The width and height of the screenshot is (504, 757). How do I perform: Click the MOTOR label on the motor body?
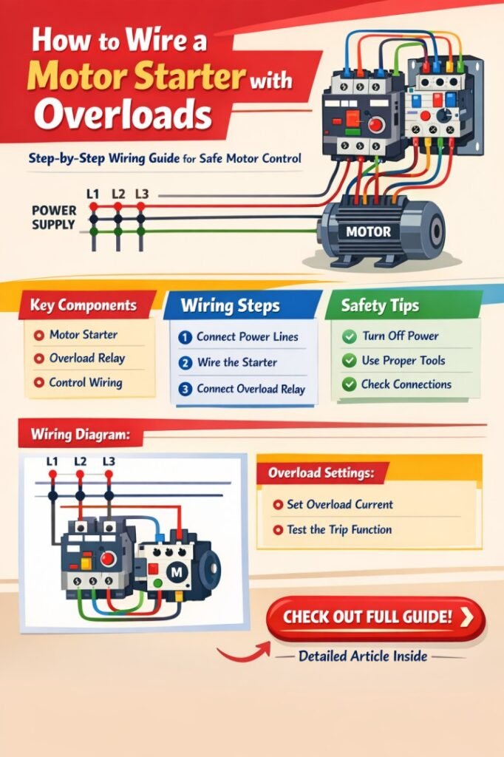point(370,231)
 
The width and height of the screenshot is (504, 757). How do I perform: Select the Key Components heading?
point(83,305)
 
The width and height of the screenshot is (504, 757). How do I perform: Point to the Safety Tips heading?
point(381,305)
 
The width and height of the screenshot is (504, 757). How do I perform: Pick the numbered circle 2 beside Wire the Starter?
point(185,363)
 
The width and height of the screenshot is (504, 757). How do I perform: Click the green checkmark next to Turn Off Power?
point(349,336)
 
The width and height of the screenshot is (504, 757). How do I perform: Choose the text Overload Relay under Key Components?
point(87,359)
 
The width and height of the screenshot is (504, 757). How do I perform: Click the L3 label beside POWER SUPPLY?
point(142,194)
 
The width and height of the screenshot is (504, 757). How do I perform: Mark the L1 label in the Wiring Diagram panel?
point(52,461)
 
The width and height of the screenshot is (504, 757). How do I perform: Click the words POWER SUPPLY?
point(54,217)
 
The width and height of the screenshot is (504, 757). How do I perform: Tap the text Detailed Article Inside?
point(363,655)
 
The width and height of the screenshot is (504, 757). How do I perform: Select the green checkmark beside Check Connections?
point(349,384)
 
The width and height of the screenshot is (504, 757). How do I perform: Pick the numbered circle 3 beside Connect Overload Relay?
point(185,389)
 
